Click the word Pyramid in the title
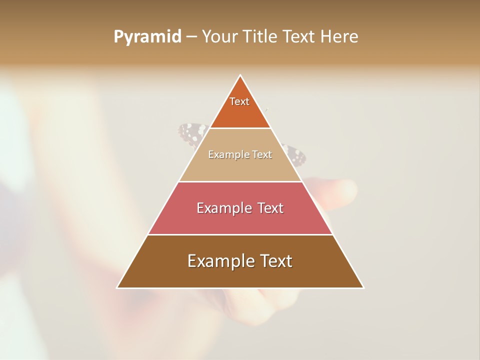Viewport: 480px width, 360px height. pyautogui.click(x=147, y=37)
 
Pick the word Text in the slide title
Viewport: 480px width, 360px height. pyautogui.click(x=299, y=37)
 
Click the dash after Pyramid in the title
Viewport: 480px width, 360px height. pyautogui.click(x=191, y=37)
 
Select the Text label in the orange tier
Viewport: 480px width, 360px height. pyautogui.click(x=239, y=101)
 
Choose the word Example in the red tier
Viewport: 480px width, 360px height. pyautogui.click(x=222, y=208)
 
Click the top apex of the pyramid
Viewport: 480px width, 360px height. pyautogui.click(x=240, y=76)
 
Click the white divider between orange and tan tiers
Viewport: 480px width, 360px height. pyautogui.click(x=240, y=128)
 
